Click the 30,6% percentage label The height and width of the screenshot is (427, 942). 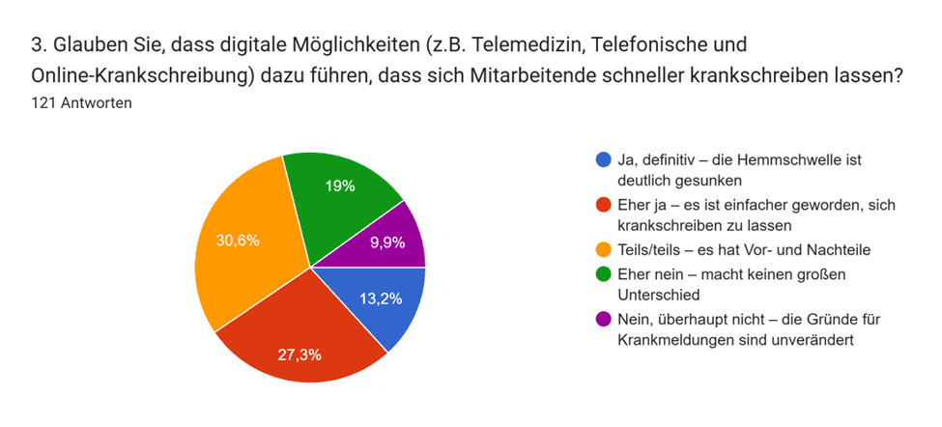[238, 241]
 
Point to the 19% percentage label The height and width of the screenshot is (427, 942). [339, 185]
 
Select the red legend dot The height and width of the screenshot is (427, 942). [604, 205]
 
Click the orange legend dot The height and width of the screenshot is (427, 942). [604, 250]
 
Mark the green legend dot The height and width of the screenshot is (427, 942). [604, 273]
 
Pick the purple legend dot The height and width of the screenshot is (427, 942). [604, 319]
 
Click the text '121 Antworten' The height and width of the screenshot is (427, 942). [82, 103]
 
